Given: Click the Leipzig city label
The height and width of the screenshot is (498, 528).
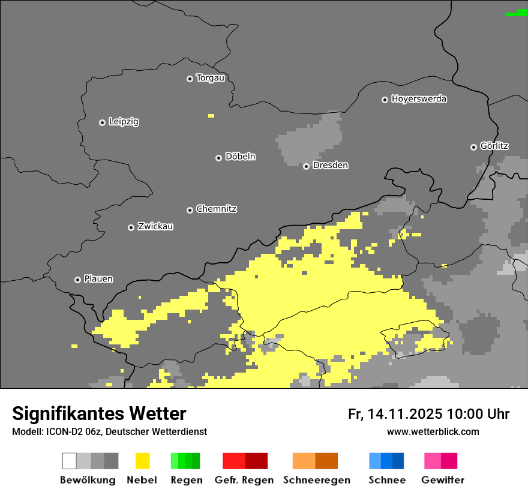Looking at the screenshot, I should [x=124, y=122].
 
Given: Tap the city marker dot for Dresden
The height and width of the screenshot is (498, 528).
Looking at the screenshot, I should [x=306, y=166].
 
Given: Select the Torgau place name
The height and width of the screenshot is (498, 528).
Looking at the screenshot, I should [x=210, y=78].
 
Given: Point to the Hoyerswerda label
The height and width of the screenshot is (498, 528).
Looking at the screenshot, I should [x=419, y=99].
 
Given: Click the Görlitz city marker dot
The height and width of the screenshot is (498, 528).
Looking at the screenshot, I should [x=473, y=147].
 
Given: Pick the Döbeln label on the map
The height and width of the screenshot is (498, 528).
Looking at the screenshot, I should [x=240, y=157].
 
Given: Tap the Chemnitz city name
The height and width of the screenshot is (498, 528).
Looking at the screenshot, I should [x=216, y=209].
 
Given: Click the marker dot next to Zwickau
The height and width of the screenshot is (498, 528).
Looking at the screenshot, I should [x=131, y=227].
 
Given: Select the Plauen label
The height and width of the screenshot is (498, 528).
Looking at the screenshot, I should [x=98, y=279].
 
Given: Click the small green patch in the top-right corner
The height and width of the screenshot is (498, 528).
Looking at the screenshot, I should [x=517, y=13].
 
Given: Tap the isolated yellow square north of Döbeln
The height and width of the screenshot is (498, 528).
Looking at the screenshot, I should [x=211, y=115].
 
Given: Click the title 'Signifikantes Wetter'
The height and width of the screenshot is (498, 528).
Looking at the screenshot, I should [x=99, y=413].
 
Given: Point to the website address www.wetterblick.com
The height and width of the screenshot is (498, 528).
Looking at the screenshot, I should [x=433, y=431].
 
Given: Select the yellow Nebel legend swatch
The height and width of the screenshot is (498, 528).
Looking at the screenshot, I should [x=142, y=461].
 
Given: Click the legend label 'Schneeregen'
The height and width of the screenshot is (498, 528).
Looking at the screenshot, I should [x=317, y=480].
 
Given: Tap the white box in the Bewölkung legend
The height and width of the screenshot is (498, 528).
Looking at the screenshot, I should [x=70, y=461].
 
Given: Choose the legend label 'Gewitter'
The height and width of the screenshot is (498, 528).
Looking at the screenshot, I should [x=443, y=480].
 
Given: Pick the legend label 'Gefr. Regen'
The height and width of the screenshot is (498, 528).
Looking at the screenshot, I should [x=244, y=480].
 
